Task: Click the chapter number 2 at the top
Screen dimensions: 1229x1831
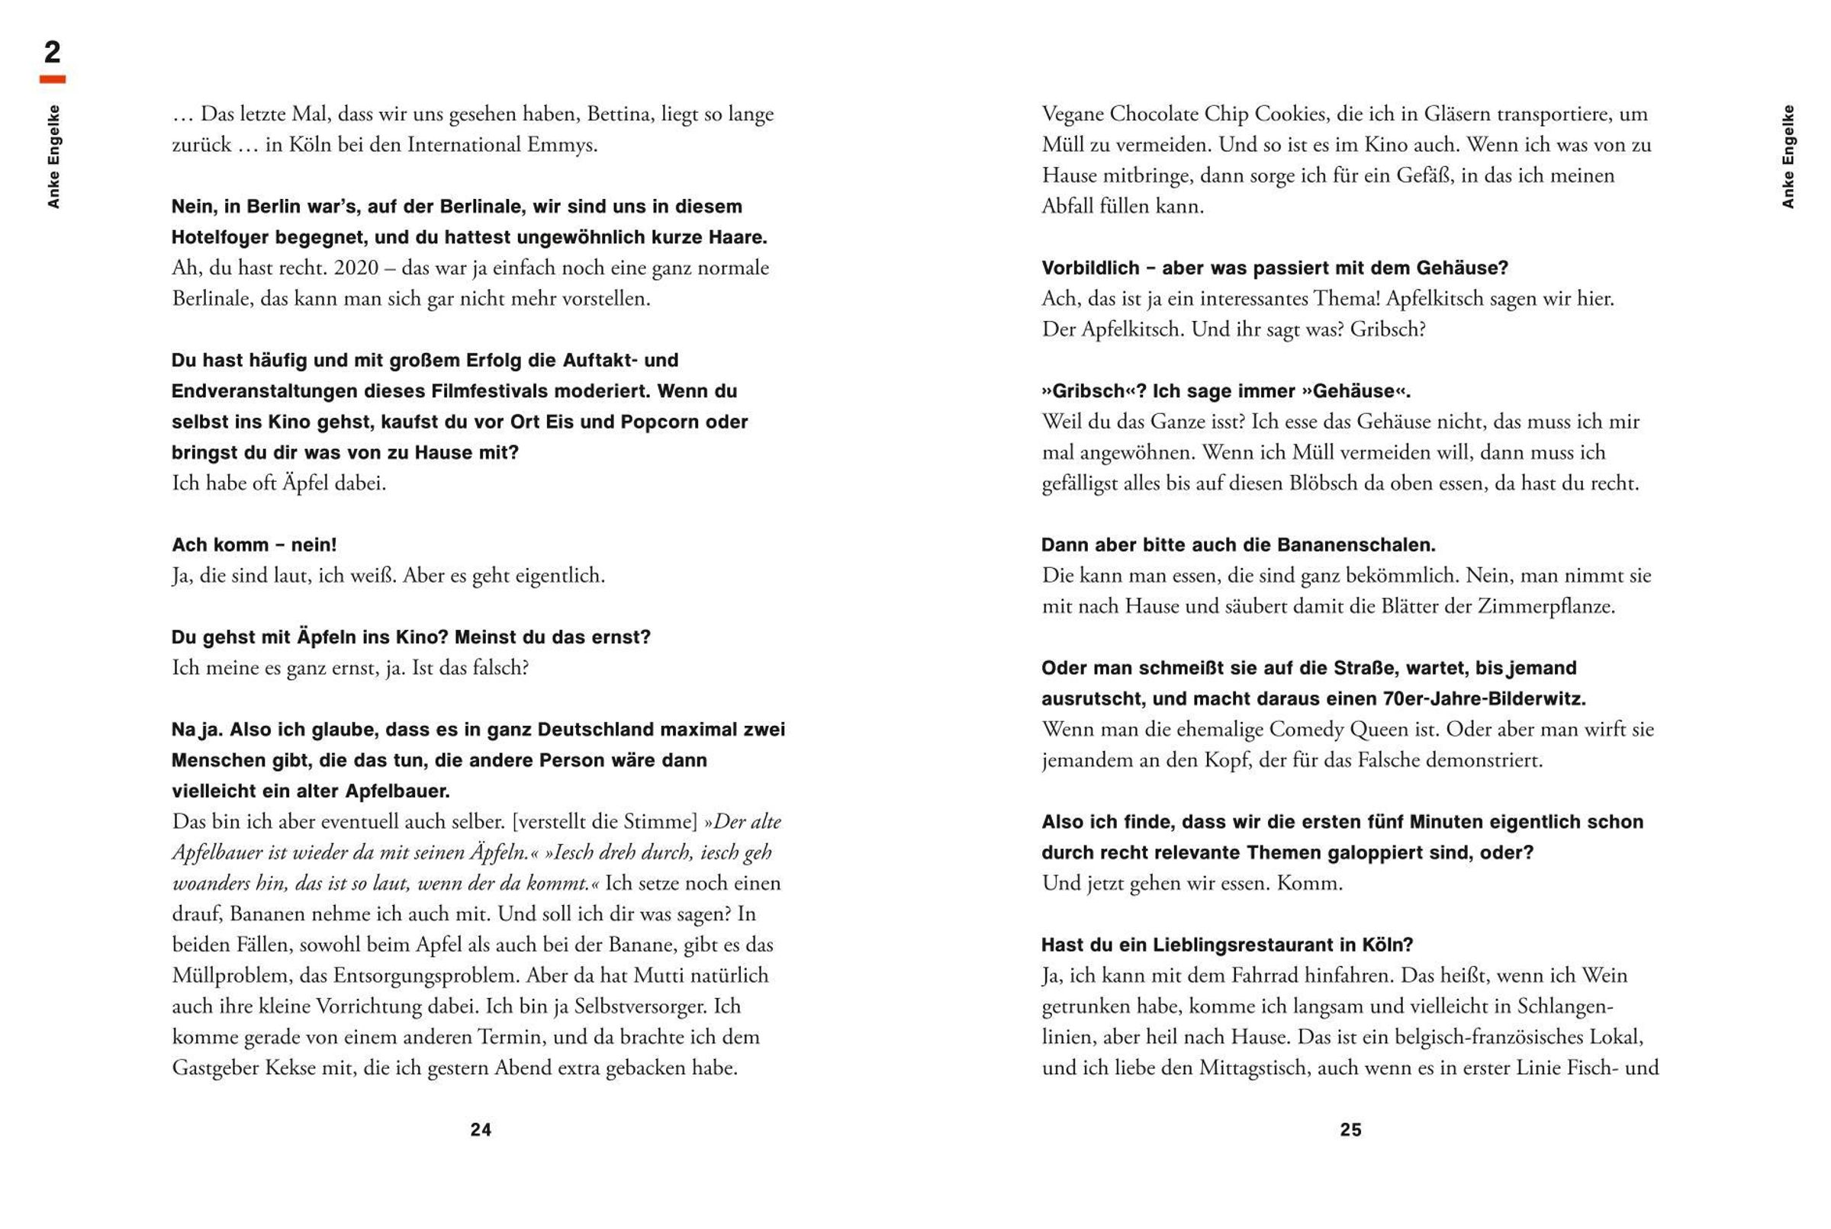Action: tap(52, 53)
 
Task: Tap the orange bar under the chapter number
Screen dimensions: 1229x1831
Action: tap(53, 79)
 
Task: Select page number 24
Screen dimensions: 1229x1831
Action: tap(481, 1129)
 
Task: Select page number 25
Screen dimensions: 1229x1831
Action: tap(1350, 1129)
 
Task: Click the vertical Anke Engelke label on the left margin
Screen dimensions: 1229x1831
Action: tap(53, 157)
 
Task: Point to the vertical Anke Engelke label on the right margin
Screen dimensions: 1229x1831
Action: tap(1788, 157)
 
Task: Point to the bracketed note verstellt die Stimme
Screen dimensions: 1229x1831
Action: tap(604, 822)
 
